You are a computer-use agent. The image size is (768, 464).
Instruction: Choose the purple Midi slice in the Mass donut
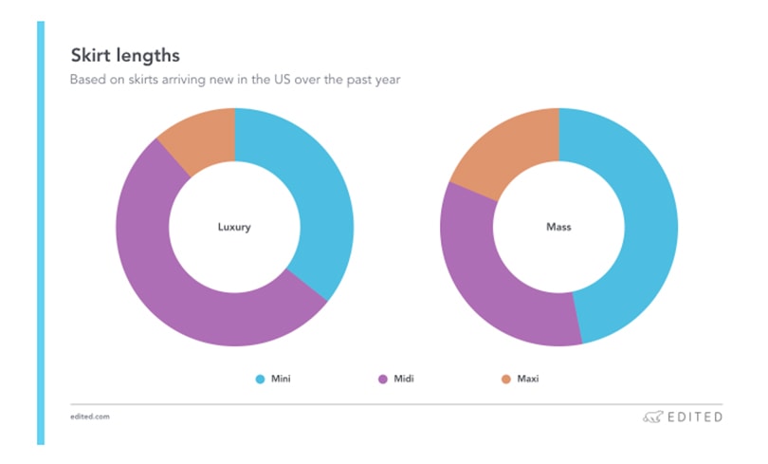click(x=493, y=285)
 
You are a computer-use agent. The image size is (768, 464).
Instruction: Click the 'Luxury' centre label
click(x=234, y=228)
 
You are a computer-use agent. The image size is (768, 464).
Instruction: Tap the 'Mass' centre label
click(x=558, y=228)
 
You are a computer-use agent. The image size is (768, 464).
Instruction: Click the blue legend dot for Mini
click(x=260, y=380)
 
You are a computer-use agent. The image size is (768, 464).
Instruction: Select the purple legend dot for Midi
click(x=383, y=380)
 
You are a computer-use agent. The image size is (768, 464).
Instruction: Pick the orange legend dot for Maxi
click(x=506, y=380)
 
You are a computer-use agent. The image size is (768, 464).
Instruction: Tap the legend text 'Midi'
click(x=403, y=380)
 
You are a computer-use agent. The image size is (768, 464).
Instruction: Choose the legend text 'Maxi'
click(x=527, y=380)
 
